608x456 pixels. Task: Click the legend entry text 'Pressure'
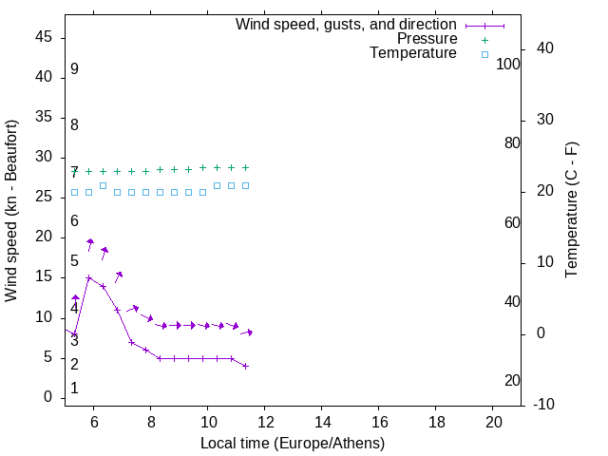427,39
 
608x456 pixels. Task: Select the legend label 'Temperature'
413,53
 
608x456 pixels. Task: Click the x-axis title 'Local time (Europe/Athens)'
293,444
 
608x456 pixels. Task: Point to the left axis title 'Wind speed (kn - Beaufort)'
11,211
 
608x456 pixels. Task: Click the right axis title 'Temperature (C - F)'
571,211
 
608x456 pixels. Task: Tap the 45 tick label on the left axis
44,38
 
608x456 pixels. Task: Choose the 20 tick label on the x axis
493,423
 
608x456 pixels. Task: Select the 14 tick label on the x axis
322,423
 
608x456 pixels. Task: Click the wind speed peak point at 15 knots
89,278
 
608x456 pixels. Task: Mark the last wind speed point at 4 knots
245,366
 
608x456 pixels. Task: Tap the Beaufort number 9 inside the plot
74,69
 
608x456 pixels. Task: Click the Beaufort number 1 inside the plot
74,389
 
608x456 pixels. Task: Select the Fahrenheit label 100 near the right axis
508,64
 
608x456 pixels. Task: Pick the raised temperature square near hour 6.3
103,185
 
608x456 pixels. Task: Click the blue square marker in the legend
484,54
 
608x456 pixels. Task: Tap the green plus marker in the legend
484,40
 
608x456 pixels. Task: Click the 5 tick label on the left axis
47,357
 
